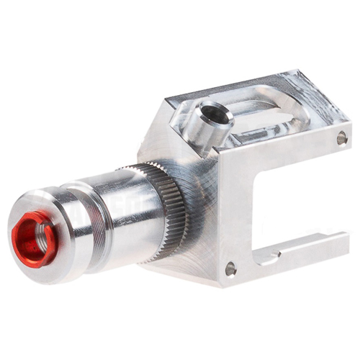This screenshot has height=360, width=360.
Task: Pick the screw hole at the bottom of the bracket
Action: coord(230,269)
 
